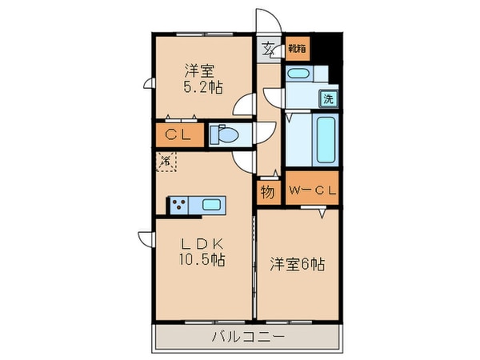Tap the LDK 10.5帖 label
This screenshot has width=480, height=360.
coord(201,250)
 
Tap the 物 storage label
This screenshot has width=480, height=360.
coord(267,193)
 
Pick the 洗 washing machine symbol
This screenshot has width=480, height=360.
coord(328,100)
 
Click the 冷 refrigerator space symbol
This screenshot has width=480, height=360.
coord(166,161)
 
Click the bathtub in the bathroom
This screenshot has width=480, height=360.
coord(326,141)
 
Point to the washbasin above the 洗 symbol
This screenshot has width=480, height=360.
coord(298,74)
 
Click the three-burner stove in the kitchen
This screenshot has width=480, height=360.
coord(178,205)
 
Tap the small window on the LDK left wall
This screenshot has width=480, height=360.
coord(145,238)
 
